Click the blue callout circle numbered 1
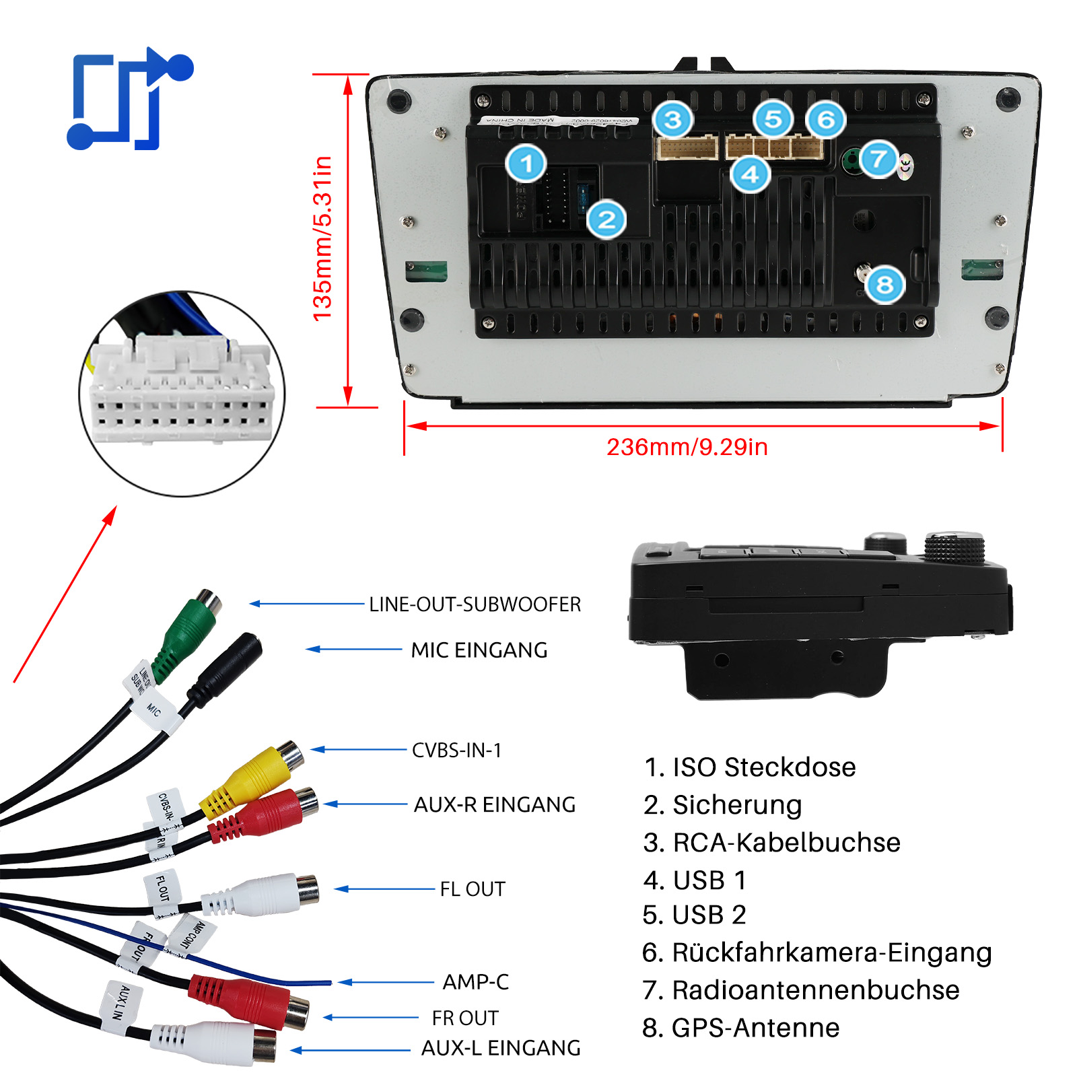pyautogui.click(x=526, y=163)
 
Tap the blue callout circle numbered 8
pyautogui.click(x=884, y=285)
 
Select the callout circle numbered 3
pyautogui.click(x=672, y=120)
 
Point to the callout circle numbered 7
pyautogui.click(x=878, y=160)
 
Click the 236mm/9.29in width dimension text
pyautogui.click(x=687, y=447)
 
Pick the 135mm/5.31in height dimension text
pyautogui.click(x=323, y=238)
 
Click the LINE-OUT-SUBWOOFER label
pyautogui.click(x=475, y=604)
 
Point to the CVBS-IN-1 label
pyautogui.click(x=456, y=751)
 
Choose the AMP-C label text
pyautogui.click(x=475, y=982)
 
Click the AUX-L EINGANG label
pyautogui.click(x=500, y=1048)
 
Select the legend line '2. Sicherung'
pyautogui.click(x=722, y=805)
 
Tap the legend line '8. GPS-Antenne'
pyautogui.click(x=740, y=1028)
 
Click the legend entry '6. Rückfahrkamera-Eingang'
pyautogui.click(x=817, y=952)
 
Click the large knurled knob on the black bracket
pyautogui.click(x=954, y=547)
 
